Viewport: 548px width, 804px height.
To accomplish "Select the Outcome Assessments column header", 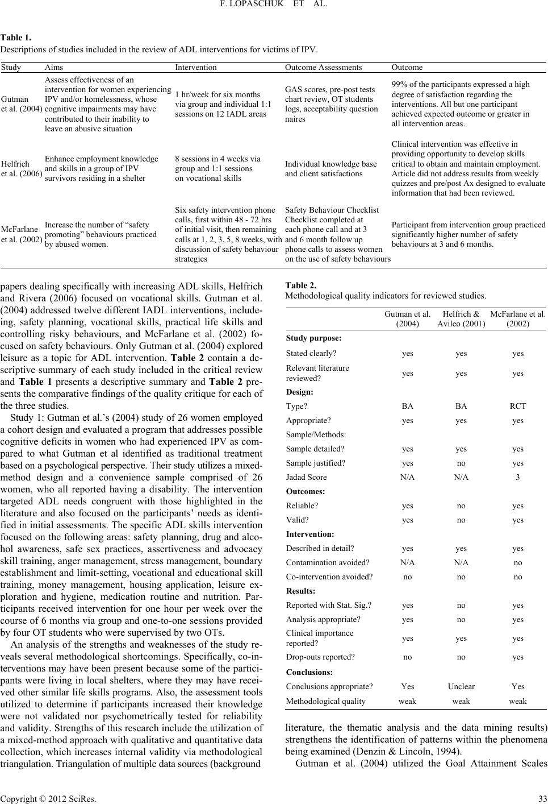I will pyautogui.click(x=323, y=67).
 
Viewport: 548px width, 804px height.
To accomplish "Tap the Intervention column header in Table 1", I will pyautogui.click(x=195, y=67).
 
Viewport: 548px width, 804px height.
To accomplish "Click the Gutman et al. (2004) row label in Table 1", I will pyautogui.click(x=22, y=105).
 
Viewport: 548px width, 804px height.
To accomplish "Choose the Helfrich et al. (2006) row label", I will pyautogui.click(x=22, y=168).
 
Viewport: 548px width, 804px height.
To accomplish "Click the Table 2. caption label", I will pyautogui.click(x=301, y=285).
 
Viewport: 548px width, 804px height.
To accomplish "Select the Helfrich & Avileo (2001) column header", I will pyautogui.click(x=461, y=318).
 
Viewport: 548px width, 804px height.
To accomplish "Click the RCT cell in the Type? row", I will pyautogui.click(x=517, y=406).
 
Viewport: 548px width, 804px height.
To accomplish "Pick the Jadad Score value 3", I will pyautogui.click(x=517, y=477).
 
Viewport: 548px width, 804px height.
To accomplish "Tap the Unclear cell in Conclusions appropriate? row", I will pyautogui.click(x=461, y=686).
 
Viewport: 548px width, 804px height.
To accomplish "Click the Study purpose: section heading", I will pyautogui.click(x=313, y=338).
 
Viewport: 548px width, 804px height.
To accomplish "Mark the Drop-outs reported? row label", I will pyautogui.click(x=320, y=657).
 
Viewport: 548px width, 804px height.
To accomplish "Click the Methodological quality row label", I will pyautogui.click(x=326, y=701).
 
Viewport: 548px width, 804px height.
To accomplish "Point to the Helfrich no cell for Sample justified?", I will pyautogui.click(x=461, y=463).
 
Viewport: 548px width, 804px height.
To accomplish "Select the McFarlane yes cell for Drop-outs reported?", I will pyautogui.click(x=517, y=657).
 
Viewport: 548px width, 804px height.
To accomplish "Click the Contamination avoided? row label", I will pyautogui.click(x=328, y=562).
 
